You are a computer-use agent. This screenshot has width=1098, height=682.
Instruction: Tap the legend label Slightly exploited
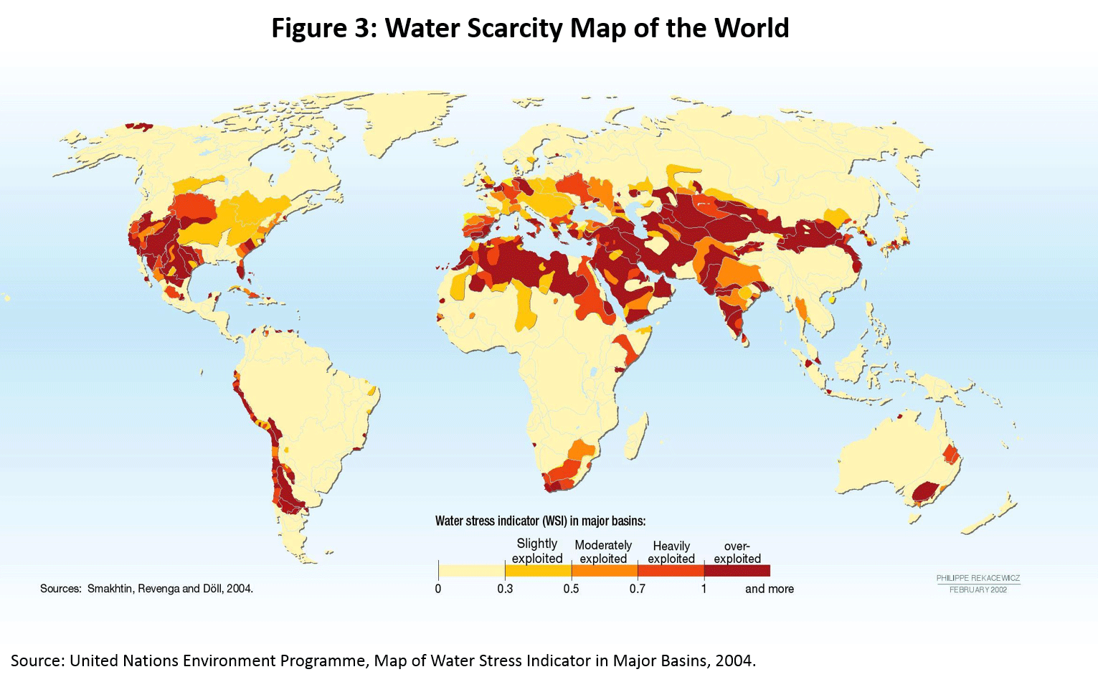tap(537, 551)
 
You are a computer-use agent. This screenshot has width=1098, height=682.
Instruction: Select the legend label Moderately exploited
tap(603, 551)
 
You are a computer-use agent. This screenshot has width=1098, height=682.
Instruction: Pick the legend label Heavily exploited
tap(671, 552)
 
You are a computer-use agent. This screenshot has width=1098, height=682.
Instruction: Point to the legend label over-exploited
tap(737, 552)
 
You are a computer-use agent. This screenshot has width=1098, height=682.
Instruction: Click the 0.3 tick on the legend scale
tap(505, 589)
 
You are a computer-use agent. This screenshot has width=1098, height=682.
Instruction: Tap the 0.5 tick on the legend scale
tap(571, 589)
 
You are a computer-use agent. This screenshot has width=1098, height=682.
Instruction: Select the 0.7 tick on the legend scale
tap(637, 589)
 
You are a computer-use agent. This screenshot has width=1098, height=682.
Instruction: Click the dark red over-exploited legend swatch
tap(737, 571)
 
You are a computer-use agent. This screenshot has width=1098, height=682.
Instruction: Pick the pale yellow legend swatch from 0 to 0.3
tap(471, 571)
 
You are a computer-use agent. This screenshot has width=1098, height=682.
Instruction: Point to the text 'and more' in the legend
tap(769, 589)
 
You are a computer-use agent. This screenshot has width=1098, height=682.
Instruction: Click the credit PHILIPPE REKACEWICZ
tap(978, 578)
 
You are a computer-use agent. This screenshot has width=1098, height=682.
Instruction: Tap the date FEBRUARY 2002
tap(978, 589)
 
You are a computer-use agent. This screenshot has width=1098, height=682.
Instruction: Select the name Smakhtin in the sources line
tap(110, 589)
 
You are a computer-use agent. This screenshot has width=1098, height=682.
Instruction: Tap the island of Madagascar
tap(635, 436)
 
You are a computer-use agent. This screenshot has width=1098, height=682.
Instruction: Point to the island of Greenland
tap(402, 122)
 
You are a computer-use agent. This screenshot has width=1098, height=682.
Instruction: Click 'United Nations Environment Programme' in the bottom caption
tap(219, 660)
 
